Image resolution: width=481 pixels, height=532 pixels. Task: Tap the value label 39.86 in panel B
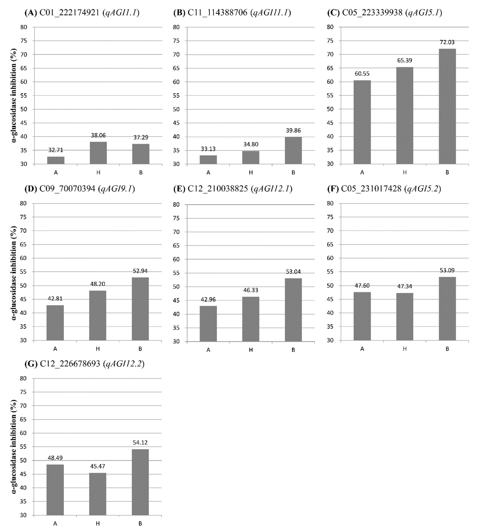point(293,130)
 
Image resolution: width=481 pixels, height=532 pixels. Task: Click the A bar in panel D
point(55,323)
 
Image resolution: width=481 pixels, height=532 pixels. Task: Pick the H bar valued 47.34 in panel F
point(404,317)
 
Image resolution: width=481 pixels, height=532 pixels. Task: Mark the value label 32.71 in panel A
point(56,150)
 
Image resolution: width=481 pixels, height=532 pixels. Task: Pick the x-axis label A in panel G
point(55,524)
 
